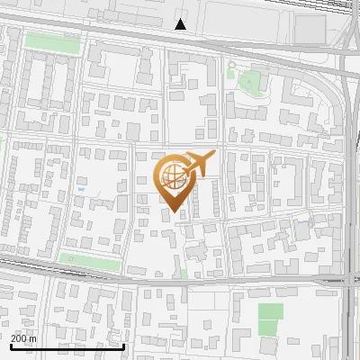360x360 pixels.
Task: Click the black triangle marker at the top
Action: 181,24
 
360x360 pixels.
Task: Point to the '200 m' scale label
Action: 23,338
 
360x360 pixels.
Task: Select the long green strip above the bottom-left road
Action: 90,262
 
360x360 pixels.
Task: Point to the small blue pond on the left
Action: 81,190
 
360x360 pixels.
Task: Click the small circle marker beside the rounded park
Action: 231,65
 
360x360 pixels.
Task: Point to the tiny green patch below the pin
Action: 183,273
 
